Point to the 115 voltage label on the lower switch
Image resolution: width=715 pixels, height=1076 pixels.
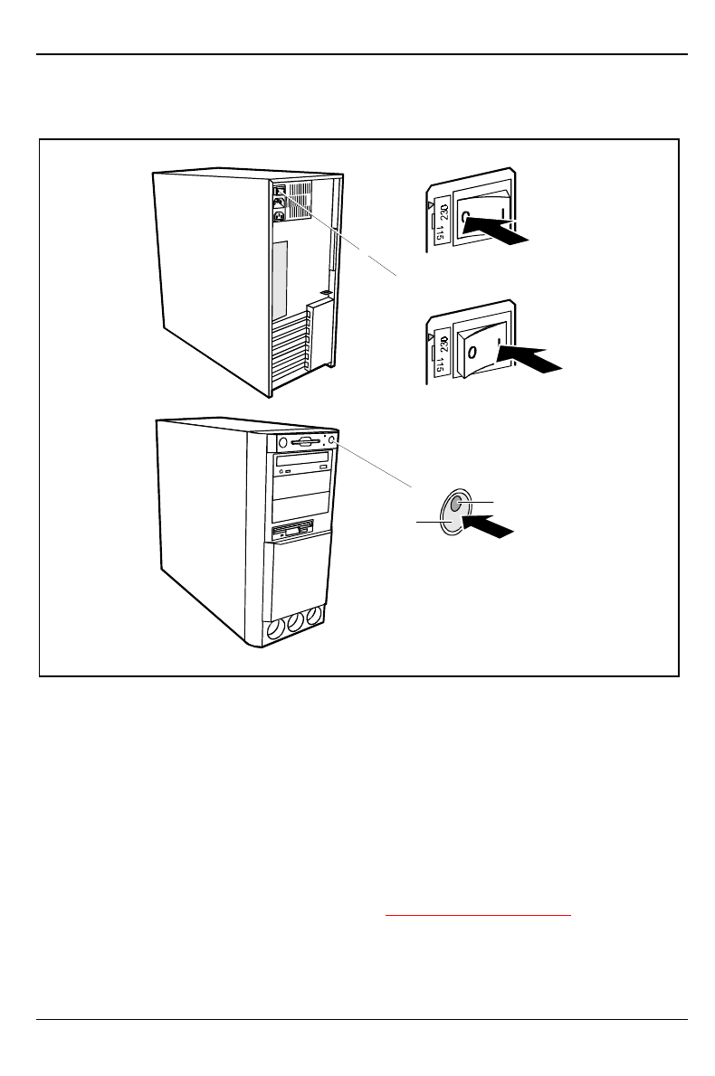tap(440, 366)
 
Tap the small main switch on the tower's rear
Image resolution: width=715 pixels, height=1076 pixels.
tap(280, 190)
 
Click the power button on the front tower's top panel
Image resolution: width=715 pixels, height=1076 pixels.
tap(333, 440)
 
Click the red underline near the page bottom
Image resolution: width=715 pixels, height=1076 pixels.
tap(479, 916)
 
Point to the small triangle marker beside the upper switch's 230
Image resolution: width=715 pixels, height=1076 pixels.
tap(429, 204)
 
